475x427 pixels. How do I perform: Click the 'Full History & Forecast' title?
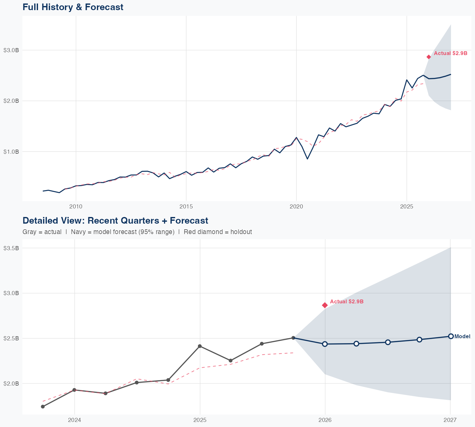click(x=73, y=7)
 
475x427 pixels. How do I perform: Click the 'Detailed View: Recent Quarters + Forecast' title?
click(x=115, y=220)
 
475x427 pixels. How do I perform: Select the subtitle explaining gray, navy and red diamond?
click(x=137, y=232)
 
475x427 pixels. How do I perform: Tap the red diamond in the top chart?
click(x=429, y=57)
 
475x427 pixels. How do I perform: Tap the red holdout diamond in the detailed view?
click(x=325, y=305)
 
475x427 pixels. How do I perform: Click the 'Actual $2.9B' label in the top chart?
click(x=450, y=53)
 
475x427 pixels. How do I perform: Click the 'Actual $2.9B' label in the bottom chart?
click(x=346, y=302)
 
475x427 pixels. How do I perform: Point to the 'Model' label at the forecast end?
click(x=462, y=337)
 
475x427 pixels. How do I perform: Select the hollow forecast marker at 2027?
click(x=451, y=336)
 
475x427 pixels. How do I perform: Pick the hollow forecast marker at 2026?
click(x=325, y=344)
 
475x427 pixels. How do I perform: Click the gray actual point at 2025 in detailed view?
click(x=199, y=346)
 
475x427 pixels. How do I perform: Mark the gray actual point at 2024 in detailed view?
click(x=74, y=390)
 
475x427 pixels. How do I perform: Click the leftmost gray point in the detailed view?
click(x=43, y=406)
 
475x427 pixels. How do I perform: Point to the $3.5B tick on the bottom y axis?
click(x=11, y=248)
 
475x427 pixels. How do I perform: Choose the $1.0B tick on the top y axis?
click(x=11, y=152)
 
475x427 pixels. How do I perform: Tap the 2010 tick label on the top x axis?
click(x=76, y=207)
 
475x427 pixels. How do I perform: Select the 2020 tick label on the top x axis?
click(x=296, y=207)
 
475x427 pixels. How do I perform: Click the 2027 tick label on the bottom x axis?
click(x=450, y=420)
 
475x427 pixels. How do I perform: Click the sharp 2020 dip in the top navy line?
click(x=307, y=159)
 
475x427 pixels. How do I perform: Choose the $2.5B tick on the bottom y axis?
click(x=11, y=338)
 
